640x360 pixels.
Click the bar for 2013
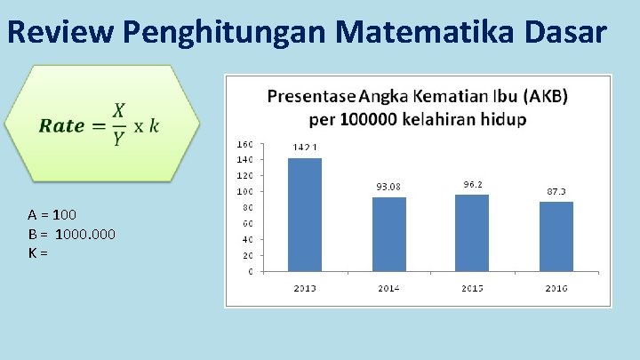point(305,214)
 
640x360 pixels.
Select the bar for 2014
point(388,234)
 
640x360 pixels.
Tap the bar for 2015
point(472,232)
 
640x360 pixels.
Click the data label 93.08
point(388,187)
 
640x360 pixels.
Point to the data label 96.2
point(473,184)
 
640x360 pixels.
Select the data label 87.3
point(556,191)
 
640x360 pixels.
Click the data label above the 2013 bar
point(305,148)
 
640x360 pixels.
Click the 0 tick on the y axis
point(250,271)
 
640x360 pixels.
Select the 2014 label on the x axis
point(388,288)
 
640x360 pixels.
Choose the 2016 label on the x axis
point(556,288)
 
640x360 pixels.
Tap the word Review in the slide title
point(61,32)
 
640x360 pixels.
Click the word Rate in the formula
point(61,125)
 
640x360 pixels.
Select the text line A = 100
point(52,214)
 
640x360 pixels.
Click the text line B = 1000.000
point(71,234)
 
